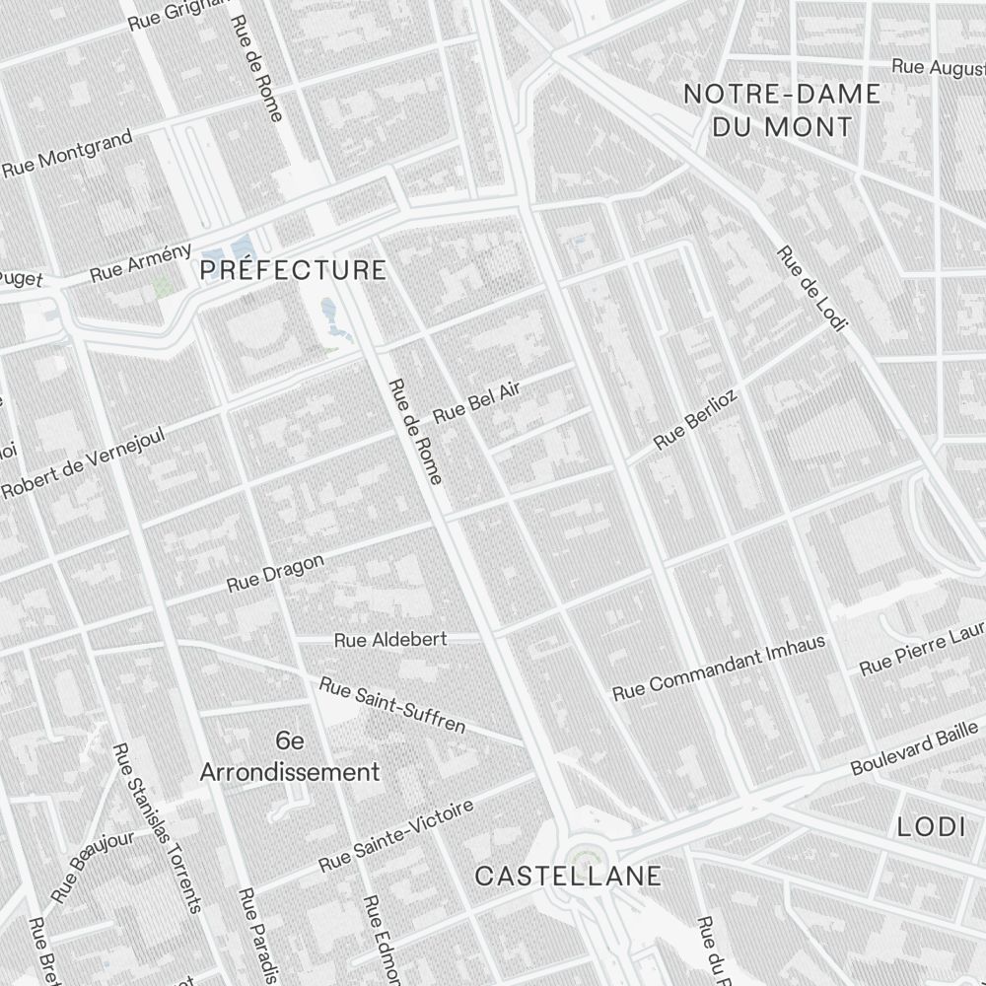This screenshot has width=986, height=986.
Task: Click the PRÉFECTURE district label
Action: click(x=293, y=270)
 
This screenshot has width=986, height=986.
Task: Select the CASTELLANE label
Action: click(x=568, y=876)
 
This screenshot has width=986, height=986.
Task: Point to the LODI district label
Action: click(x=931, y=827)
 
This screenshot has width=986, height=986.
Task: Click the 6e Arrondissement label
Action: click(x=289, y=757)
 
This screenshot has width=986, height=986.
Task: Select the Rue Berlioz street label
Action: click(x=696, y=420)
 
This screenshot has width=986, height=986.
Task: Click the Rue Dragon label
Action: click(x=275, y=573)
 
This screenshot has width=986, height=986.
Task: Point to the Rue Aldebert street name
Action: click(x=390, y=640)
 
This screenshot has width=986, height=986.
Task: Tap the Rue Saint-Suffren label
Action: click(x=392, y=704)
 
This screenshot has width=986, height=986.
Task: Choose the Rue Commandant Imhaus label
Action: click(x=719, y=668)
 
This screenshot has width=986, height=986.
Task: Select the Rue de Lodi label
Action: click(x=812, y=288)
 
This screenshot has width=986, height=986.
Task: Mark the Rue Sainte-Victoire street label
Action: click(x=396, y=835)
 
